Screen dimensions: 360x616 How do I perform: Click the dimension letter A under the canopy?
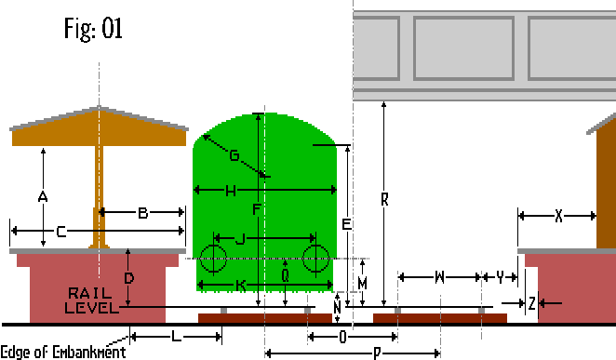(x=42, y=196)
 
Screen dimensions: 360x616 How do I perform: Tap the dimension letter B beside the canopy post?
(x=143, y=214)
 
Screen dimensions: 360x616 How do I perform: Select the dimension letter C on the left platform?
(x=60, y=232)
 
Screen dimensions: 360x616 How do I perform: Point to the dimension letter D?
(x=129, y=277)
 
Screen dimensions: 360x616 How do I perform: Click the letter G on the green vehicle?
(x=233, y=155)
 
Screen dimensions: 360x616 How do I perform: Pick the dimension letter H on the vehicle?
(x=230, y=191)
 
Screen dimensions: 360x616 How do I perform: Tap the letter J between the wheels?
(x=240, y=239)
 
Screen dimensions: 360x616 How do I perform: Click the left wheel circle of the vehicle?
(x=213, y=259)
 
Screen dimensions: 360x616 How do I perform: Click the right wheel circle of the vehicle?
(x=316, y=259)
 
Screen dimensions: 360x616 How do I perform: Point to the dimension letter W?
(x=438, y=277)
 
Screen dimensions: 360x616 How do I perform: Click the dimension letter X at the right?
(x=558, y=216)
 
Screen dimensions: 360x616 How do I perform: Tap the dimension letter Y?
(x=501, y=277)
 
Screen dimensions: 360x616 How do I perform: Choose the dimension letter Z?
(x=531, y=303)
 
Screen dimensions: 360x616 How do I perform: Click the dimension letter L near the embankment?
(x=174, y=334)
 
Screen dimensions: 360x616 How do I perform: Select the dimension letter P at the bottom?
(x=377, y=353)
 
